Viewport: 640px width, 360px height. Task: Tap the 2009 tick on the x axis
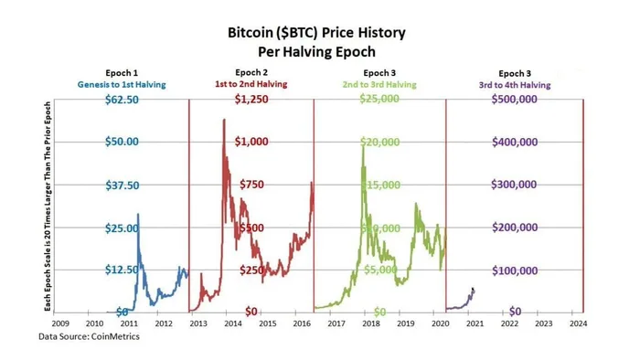point(59,323)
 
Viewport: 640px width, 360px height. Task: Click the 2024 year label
point(577,323)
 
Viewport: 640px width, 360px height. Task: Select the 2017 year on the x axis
point(336,323)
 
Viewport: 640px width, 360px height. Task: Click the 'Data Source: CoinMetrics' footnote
point(89,337)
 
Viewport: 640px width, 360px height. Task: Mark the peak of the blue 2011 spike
point(138,215)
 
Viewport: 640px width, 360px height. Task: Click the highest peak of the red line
point(224,120)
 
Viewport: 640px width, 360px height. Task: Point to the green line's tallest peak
point(363,143)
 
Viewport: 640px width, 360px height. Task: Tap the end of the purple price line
point(473,290)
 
